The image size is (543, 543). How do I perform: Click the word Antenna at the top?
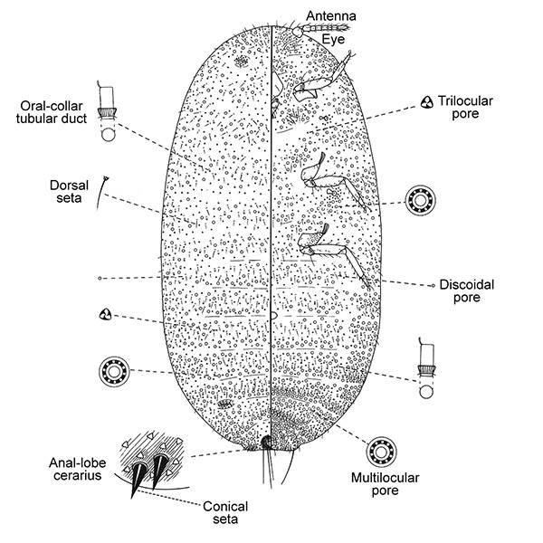329,15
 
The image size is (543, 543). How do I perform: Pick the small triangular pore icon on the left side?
106,314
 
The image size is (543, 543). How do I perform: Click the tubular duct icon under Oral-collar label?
109,116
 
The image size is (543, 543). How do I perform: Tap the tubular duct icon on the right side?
425,369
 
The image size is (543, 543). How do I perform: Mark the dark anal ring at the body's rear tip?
267,442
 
